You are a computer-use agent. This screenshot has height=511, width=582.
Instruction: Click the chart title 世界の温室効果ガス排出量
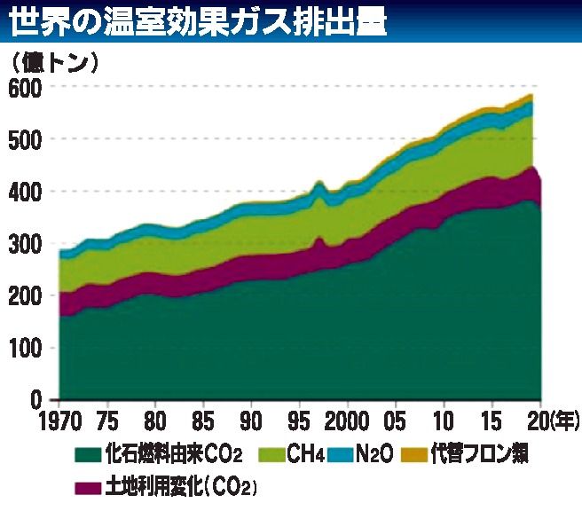click(x=200, y=22)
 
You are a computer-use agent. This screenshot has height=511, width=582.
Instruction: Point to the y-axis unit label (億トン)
click(x=55, y=63)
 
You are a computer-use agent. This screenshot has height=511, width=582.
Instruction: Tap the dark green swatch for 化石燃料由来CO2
click(x=87, y=456)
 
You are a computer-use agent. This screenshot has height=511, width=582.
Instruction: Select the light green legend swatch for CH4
click(x=271, y=456)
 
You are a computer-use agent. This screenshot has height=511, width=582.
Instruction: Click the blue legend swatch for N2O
click(x=342, y=456)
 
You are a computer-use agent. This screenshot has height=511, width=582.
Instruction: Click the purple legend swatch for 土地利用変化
click(x=87, y=487)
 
